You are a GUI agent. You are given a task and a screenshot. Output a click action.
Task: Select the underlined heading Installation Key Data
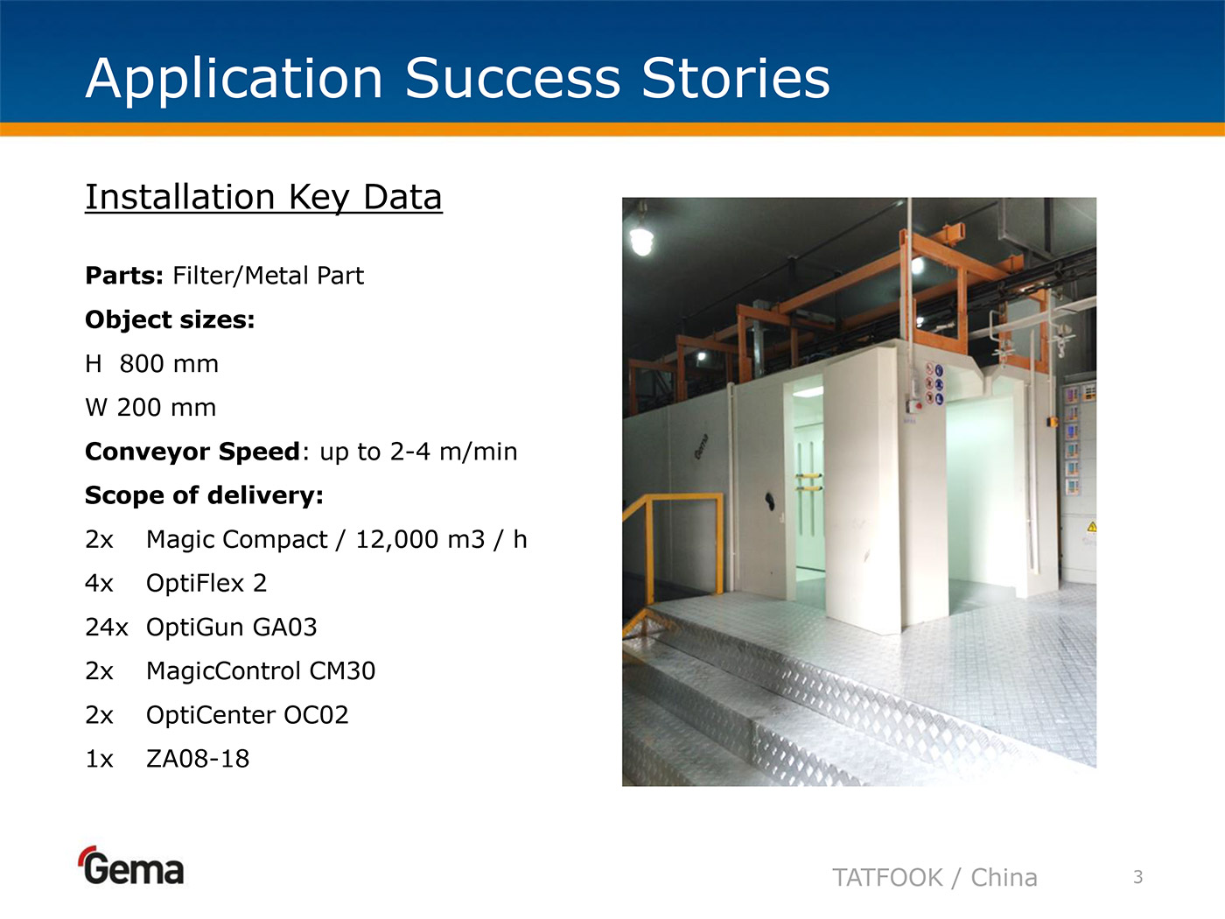(x=263, y=198)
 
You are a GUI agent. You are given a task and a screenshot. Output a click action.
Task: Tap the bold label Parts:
(x=124, y=276)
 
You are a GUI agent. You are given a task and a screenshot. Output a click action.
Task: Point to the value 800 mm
(x=169, y=364)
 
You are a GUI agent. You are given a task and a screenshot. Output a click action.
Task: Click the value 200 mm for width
(x=166, y=408)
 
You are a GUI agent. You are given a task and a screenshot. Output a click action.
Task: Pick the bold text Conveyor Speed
(x=192, y=452)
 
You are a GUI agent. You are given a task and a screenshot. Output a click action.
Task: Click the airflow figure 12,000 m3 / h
(x=441, y=539)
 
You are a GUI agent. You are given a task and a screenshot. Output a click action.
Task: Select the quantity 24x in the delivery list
(x=107, y=628)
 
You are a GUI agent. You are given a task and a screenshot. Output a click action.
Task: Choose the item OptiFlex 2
(x=206, y=584)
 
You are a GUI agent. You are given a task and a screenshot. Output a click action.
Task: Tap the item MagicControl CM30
(x=261, y=671)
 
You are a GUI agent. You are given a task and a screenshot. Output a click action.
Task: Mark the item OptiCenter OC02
(x=248, y=715)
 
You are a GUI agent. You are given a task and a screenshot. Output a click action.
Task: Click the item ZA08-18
(x=198, y=759)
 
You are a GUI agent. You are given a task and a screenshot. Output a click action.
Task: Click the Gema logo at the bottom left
(x=132, y=866)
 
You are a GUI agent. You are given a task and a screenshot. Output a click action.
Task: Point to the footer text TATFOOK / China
(x=934, y=878)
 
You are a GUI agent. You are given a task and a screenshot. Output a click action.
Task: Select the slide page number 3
(x=1138, y=877)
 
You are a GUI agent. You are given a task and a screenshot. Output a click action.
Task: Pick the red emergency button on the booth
(x=918, y=405)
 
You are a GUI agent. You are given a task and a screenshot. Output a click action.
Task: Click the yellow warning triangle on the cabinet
(x=1092, y=526)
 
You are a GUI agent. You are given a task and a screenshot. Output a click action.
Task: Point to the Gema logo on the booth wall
(x=702, y=446)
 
